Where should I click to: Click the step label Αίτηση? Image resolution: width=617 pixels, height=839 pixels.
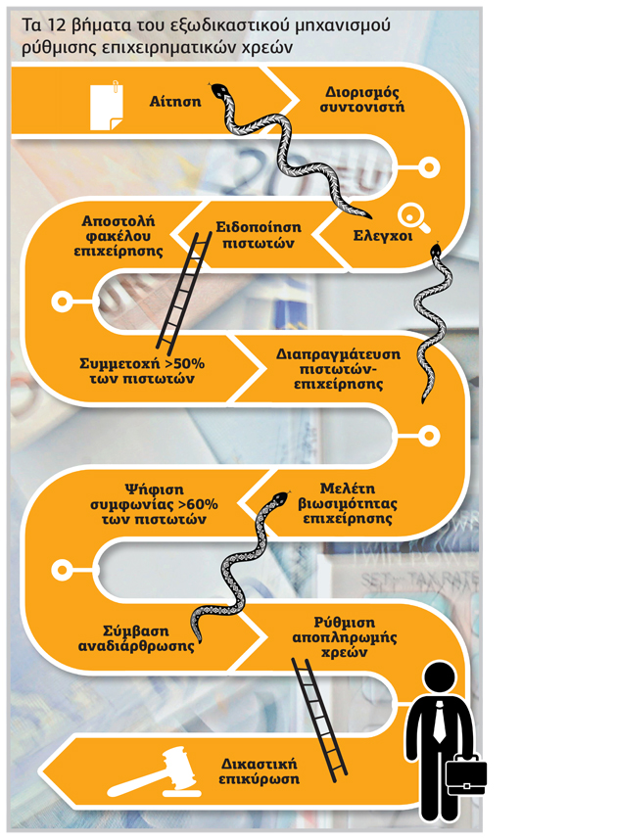pos(175,101)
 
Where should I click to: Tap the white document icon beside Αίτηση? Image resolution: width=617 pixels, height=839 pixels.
pos(107,106)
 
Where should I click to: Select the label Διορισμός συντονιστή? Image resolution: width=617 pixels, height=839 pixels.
pos(362,100)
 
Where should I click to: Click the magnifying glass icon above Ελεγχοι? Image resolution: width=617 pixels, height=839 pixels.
pos(413,219)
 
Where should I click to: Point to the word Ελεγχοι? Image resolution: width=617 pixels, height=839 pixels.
pos(383,236)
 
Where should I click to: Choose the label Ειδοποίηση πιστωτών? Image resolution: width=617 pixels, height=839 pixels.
pos(259,235)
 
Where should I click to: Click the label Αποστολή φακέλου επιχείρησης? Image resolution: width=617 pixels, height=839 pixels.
pos(119,236)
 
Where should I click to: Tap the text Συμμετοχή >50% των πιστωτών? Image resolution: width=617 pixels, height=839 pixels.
pos(142,371)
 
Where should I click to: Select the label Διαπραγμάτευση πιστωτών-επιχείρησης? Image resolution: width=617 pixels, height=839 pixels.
pos(338,369)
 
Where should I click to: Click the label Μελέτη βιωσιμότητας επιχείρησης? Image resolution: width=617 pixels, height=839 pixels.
pos(348,503)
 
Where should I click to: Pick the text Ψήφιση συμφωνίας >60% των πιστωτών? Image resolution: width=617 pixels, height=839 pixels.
pos(154,504)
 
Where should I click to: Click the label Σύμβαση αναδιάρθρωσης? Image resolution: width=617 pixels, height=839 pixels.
pos(136,638)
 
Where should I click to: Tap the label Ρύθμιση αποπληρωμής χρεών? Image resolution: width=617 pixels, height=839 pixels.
pos(344,637)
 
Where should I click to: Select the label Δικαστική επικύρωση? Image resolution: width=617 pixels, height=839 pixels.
pos(259,771)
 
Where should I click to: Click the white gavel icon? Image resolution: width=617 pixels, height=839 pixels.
pos(154,772)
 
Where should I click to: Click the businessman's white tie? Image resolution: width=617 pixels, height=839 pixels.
pos(439,722)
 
